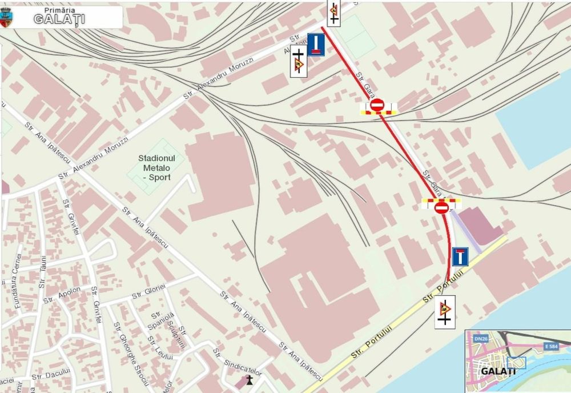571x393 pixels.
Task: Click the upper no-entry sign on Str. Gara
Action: pos(377,105)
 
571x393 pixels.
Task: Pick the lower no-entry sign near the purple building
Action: pos(441,208)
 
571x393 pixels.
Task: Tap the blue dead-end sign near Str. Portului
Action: pos(460,256)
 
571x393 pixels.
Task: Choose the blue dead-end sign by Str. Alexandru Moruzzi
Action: pos(316,45)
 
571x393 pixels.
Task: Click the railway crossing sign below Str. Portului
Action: pos(444,312)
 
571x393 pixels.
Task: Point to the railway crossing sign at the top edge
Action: pos(333,12)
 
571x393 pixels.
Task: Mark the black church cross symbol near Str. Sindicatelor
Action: pos(248,379)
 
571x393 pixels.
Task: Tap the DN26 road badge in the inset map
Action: pos(480,339)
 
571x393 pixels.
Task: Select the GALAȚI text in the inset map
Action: pos(498,371)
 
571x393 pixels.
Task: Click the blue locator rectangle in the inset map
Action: pos(516,363)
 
